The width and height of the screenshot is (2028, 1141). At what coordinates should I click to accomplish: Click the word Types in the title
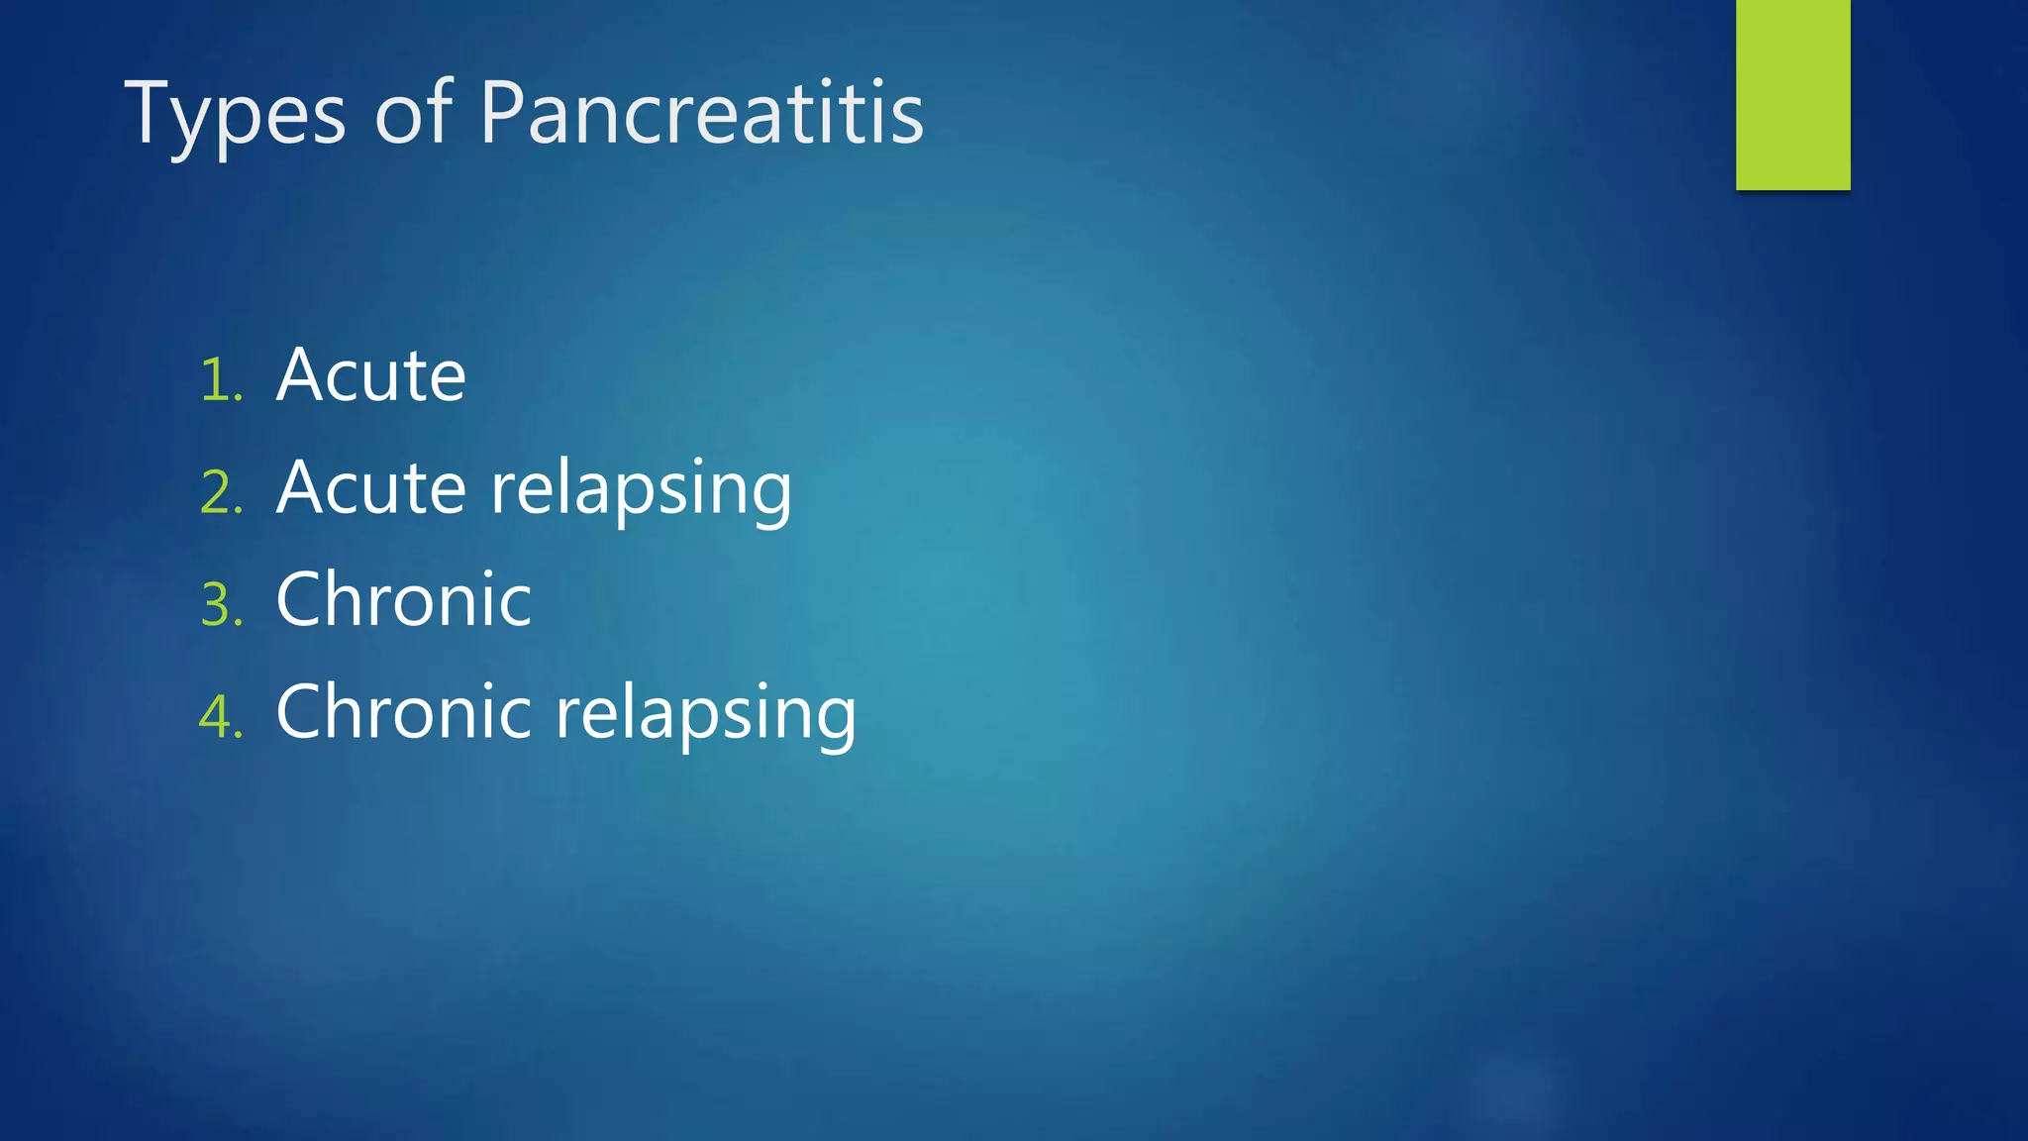click(x=235, y=114)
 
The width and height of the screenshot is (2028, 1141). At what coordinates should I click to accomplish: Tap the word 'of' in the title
click(x=413, y=114)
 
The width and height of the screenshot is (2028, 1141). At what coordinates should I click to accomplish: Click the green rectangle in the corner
click(x=1792, y=94)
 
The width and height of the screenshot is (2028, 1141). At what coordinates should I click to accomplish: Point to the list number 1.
click(x=220, y=380)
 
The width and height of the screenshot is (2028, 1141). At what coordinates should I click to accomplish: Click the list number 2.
click(x=221, y=492)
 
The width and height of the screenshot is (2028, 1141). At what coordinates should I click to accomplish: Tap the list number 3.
click(x=221, y=604)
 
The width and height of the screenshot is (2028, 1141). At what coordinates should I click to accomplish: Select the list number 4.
click(x=220, y=716)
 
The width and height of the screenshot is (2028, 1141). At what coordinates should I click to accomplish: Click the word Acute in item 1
click(x=370, y=376)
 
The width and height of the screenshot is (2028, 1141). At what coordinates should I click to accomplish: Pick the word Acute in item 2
click(x=370, y=488)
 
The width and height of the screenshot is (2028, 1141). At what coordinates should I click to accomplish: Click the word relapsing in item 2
click(x=642, y=490)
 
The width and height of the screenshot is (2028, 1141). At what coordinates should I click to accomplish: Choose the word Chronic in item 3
click(x=403, y=600)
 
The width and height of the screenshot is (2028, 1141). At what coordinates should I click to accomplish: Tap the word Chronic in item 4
click(x=403, y=712)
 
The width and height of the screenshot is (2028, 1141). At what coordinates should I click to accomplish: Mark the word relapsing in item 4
click(x=706, y=714)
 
